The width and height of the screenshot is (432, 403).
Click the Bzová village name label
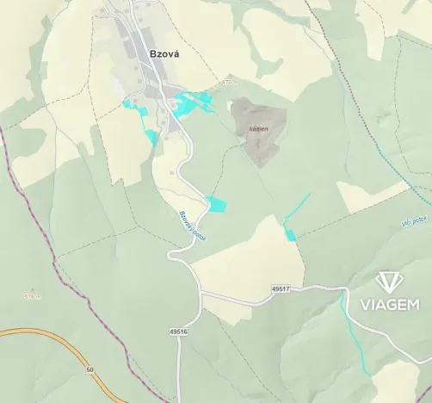(152, 53)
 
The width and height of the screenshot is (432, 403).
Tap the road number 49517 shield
(280, 288)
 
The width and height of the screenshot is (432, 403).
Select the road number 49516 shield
(178, 331)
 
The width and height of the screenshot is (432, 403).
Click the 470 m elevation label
(226, 83)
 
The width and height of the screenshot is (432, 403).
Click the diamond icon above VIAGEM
(392, 282)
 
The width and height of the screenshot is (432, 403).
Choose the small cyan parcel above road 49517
(290, 234)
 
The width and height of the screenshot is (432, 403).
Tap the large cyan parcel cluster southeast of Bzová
(194, 102)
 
